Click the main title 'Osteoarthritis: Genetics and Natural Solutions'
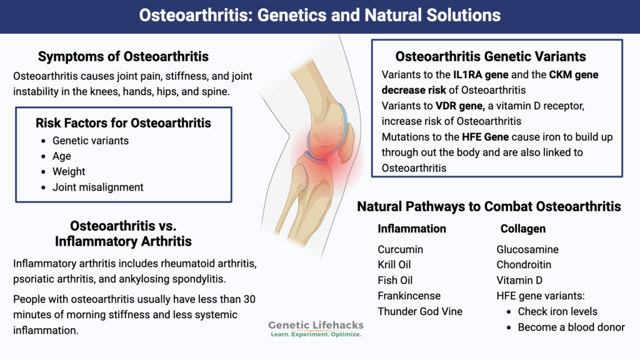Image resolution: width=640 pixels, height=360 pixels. point(319,15)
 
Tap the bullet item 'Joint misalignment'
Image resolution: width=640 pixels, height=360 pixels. point(98,187)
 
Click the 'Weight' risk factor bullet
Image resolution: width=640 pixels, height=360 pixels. point(69,171)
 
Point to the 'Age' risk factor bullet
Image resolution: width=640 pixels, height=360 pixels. point(62,156)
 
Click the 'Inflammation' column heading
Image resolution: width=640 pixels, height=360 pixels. point(412,229)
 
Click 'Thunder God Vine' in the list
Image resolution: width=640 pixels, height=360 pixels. point(420,311)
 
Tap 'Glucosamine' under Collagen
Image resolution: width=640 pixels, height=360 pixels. point(527,249)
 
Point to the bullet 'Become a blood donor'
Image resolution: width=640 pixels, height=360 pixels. point(571,327)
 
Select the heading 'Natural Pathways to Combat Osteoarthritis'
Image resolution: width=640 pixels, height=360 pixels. point(489,206)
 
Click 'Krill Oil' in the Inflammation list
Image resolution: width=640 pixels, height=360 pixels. point(394,265)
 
